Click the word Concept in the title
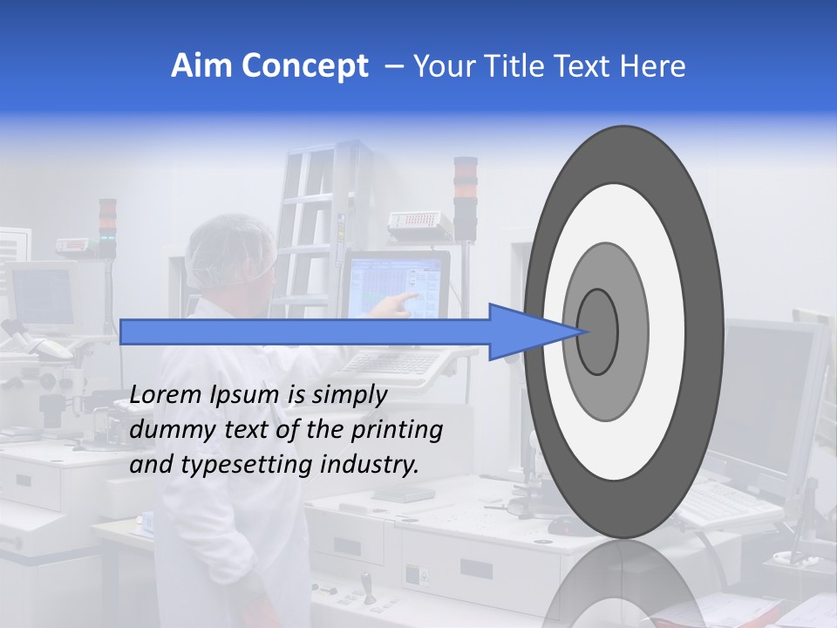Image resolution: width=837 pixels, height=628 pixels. click(x=305, y=66)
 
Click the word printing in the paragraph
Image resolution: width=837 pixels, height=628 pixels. click(x=396, y=430)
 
